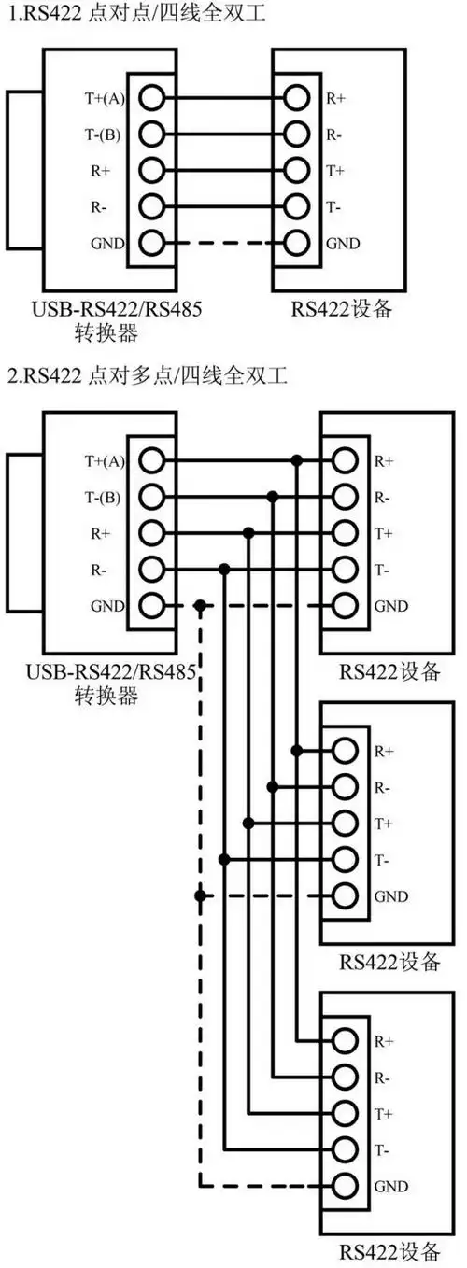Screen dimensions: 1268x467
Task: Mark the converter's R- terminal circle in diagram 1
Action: point(152,205)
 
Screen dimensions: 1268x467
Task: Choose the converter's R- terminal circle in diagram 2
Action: point(152,570)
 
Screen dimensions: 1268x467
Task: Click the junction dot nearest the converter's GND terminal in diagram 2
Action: point(200,606)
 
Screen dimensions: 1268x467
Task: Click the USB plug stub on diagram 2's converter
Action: point(23,533)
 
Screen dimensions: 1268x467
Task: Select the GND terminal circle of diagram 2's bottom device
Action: point(345,1186)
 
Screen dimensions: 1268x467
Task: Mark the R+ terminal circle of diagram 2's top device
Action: point(345,460)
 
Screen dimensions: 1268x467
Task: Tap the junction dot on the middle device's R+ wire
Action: point(297,750)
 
